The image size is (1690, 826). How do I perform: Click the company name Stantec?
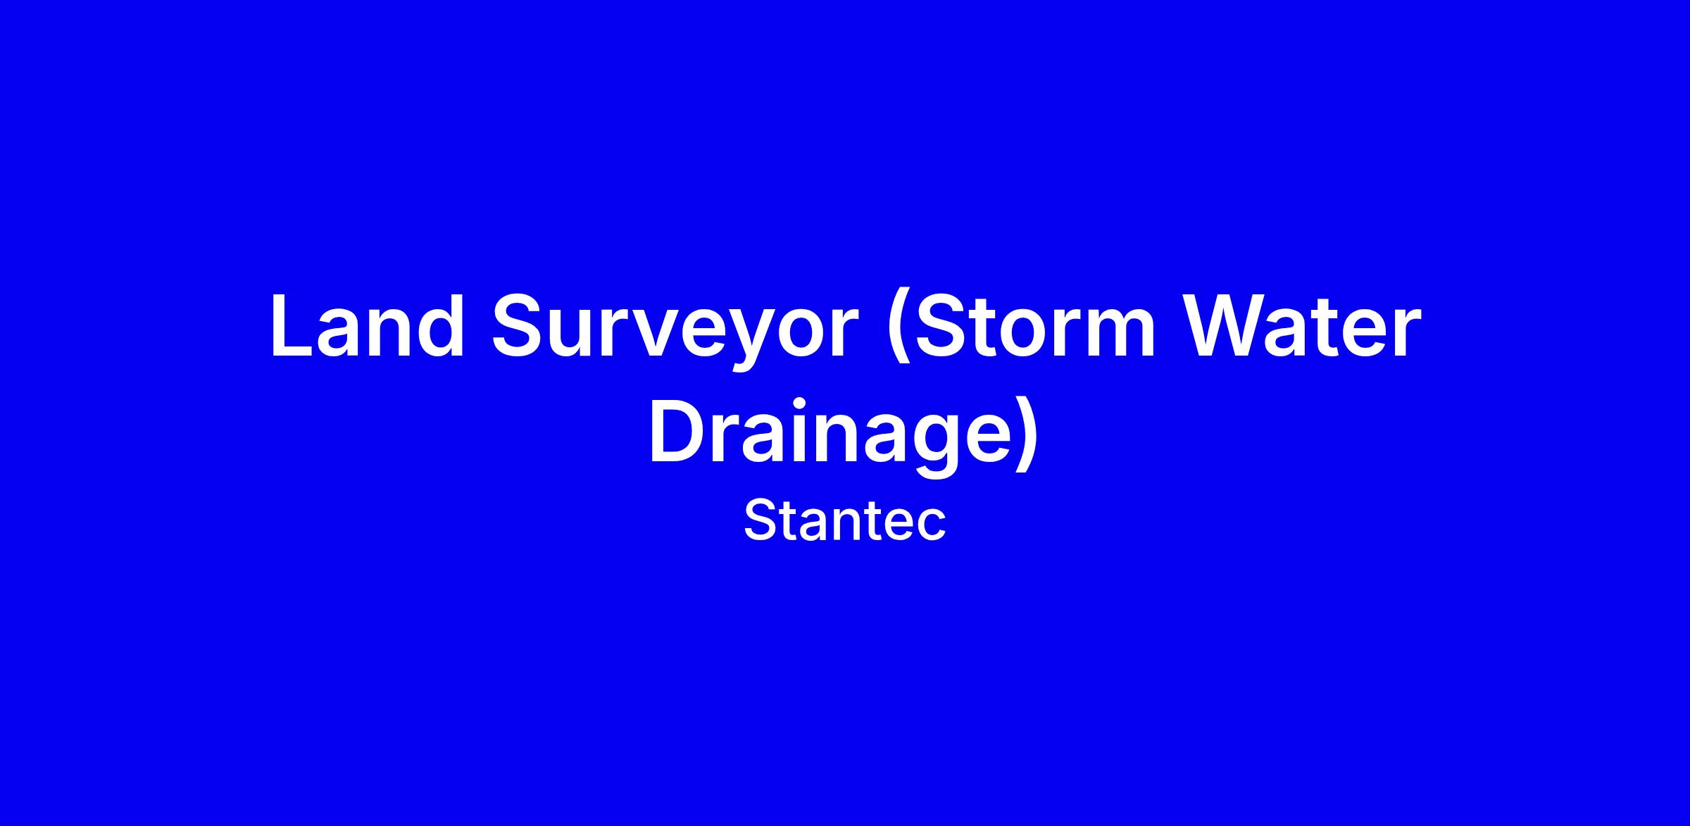[844, 520]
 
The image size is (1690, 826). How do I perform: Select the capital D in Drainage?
[680, 432]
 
